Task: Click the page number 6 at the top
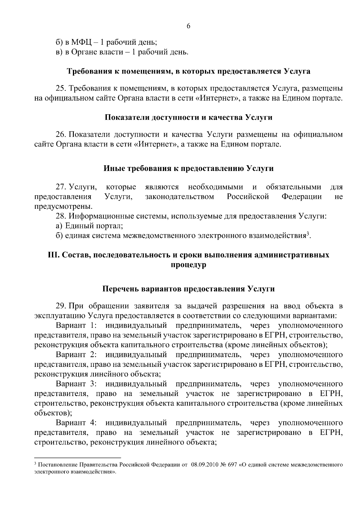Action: point(188,26)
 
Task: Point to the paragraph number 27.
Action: point(61,187)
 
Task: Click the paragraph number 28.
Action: point(61,216)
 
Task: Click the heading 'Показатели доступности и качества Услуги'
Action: point(188,117)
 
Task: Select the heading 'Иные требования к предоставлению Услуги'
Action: point(188,169)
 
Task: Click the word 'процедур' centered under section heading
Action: point(188,265)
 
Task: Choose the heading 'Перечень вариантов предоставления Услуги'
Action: point(188,289)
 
